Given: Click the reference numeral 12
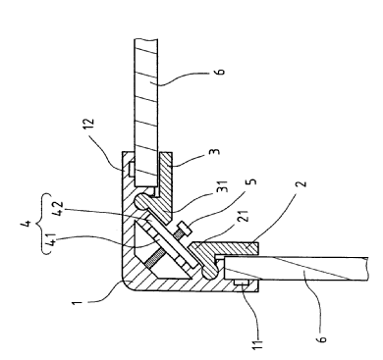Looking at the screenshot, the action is coord(88,123).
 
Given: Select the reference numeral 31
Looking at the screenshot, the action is coord(222,187).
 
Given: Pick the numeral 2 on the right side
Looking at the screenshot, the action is coord(302,182).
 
